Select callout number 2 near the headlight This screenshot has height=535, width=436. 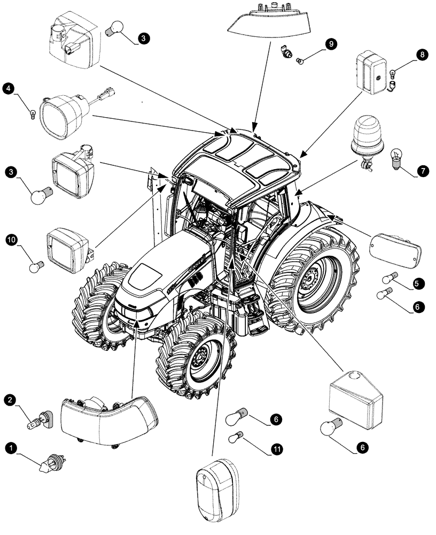coord(11,400)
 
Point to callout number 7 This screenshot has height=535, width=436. coord(422,171)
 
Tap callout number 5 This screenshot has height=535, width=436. coord(419,282)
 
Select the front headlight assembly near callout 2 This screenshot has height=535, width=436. coord(110,419)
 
